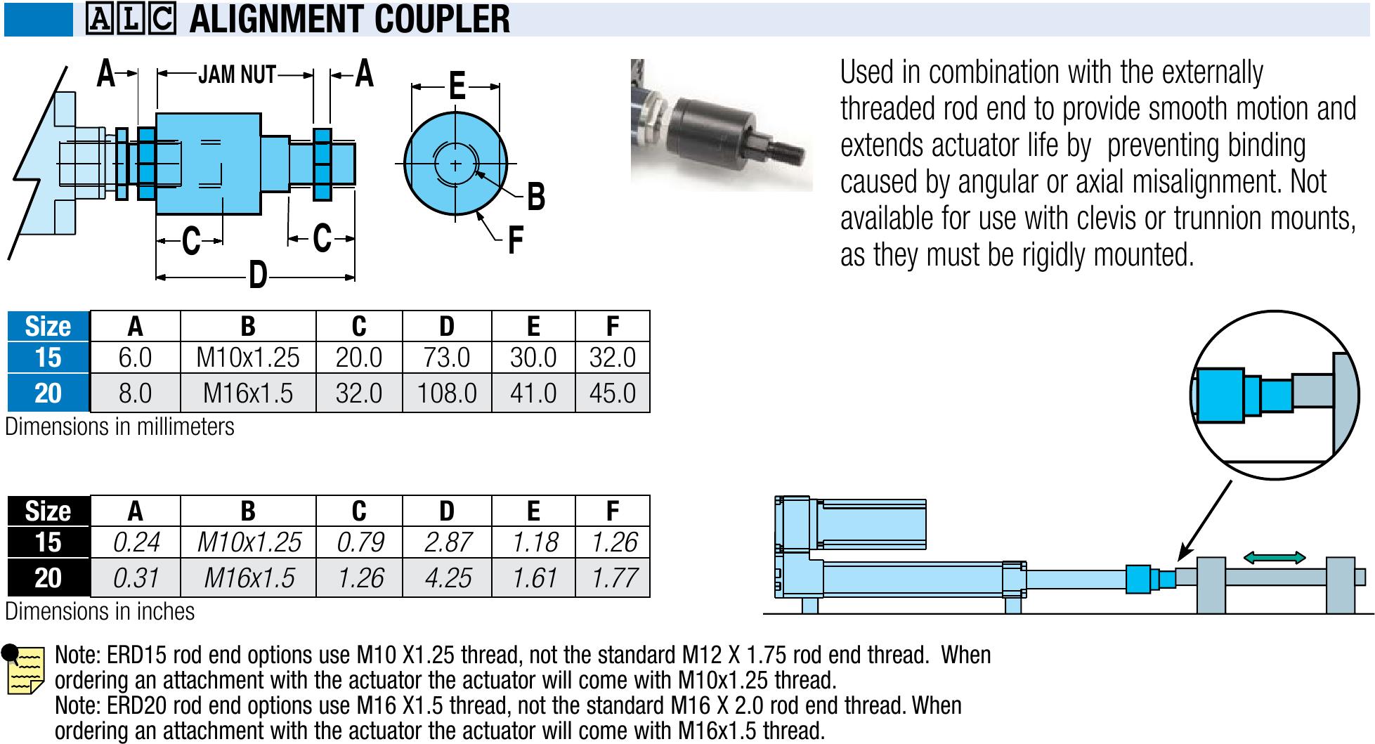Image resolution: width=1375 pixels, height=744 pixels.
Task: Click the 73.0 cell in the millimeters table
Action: [x=446, y=358]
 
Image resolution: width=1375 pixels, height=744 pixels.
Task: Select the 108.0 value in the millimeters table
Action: [x=446, y=393]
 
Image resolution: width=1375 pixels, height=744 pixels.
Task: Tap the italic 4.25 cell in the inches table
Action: [x=446, y=577]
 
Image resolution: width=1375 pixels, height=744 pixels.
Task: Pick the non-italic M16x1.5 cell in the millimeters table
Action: [x=248, y=393]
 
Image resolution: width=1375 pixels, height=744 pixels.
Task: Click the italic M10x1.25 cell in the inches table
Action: [x=248, y=542]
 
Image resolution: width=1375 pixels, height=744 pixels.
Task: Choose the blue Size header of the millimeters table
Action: [x=48, y=327]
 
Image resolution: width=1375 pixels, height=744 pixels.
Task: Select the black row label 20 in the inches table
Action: [x=48, y=577]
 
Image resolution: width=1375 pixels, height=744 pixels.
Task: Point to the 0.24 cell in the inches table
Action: [x=135, y=542]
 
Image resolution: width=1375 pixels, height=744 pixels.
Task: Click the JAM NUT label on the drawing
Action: [x=237, y=74]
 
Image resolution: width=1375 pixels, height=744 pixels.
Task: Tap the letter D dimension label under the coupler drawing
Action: [x=258, y=275]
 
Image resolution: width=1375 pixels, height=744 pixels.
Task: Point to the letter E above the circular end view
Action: [x=457, y=86]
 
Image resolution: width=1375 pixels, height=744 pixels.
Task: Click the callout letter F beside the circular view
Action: [x=516, y=241]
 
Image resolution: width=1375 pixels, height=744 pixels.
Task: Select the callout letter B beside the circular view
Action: [x=535, y=197]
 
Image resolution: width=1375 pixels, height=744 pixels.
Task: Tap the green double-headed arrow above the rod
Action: [x=1275, y=558]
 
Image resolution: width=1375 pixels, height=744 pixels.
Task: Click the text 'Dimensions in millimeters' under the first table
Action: [x=119, y=427]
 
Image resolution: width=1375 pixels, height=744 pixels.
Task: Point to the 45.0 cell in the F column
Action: [x=613, y=393]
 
